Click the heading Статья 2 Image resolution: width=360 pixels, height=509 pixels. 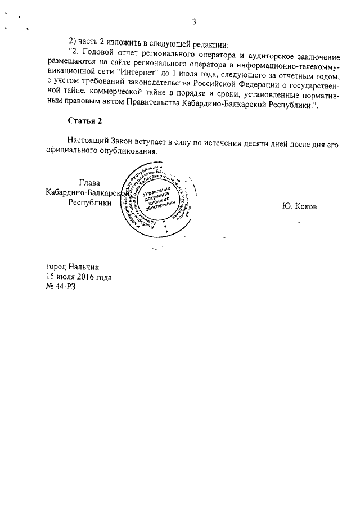point(84,121)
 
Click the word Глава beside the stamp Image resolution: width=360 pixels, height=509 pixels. point(90,182)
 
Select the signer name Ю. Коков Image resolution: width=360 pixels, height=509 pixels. point(300,206)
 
